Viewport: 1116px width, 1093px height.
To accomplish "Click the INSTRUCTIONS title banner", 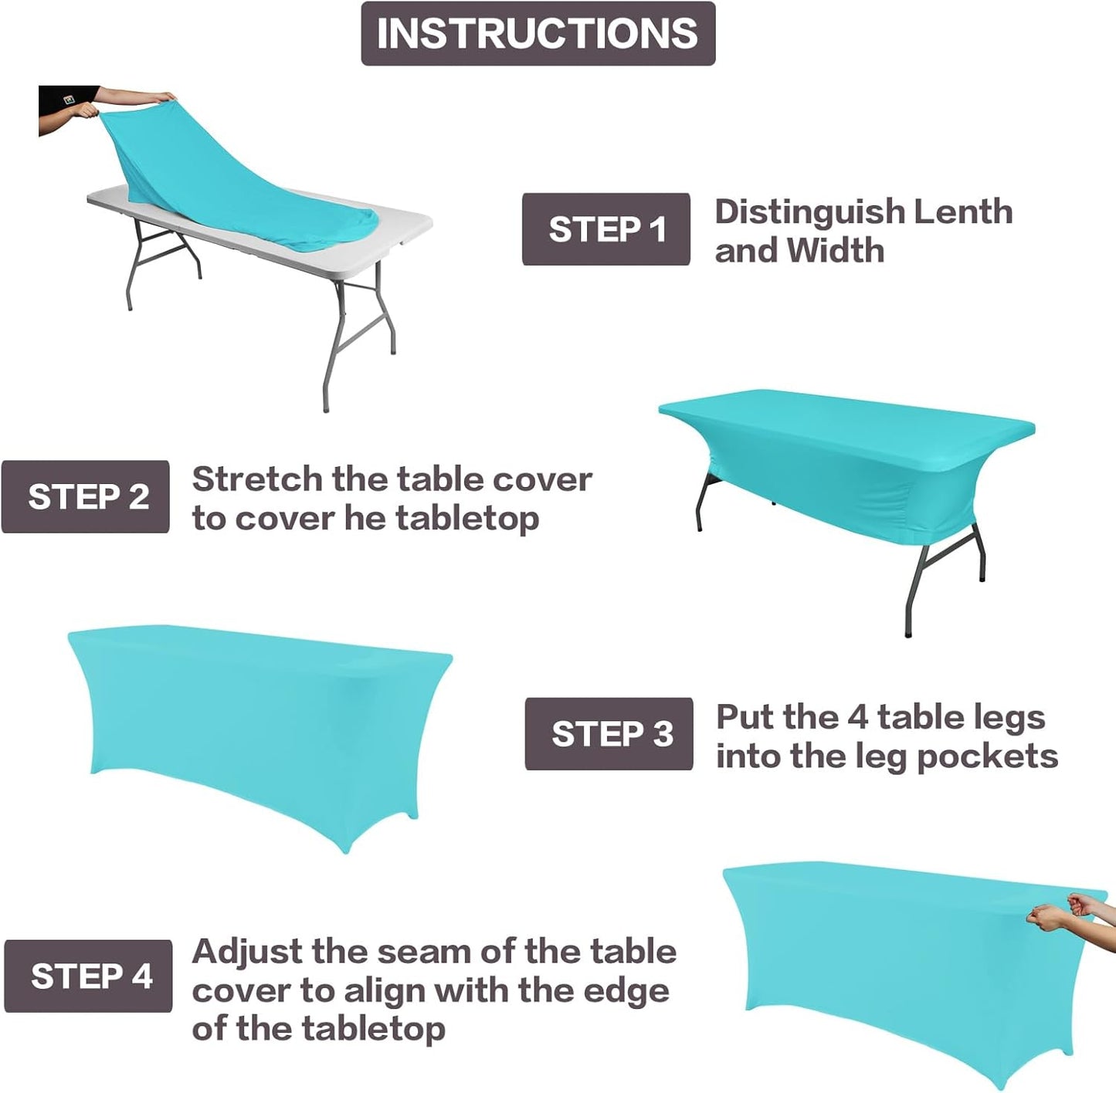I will (538, 33).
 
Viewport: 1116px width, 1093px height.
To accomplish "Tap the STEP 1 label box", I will (605, 229).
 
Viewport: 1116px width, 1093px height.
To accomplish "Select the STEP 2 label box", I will (86, 496).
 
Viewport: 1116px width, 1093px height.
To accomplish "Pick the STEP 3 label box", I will (609, 733).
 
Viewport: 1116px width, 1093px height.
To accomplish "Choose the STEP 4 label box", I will (88, 976).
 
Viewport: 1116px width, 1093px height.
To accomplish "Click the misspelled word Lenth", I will (962, 211).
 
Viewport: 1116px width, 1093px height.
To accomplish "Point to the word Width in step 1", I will (835, 250).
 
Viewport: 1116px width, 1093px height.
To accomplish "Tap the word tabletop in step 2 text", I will (466, 518).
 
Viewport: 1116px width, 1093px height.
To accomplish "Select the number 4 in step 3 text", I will (857, 717).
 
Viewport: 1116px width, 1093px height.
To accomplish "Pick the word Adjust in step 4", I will (246, 952).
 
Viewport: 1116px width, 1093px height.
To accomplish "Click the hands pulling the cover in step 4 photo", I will (1066, 911).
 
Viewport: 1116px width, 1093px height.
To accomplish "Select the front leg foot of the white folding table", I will (325, 407).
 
